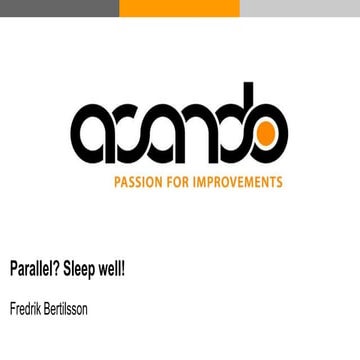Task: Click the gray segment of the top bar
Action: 60,8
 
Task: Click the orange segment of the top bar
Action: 180,8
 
